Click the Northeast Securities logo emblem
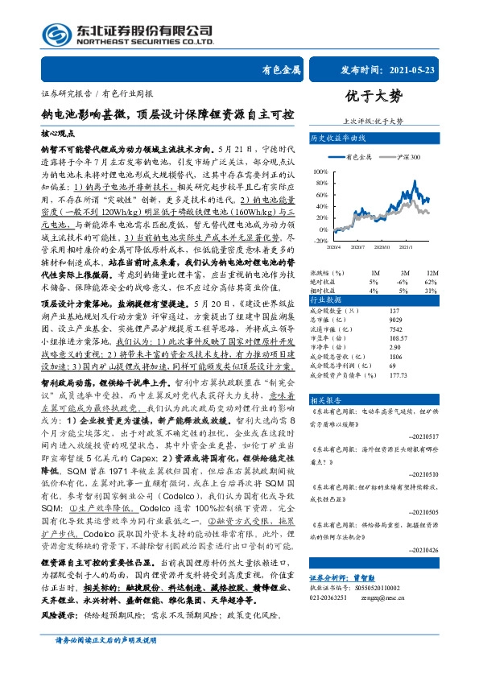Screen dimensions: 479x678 click(x=57, y=34)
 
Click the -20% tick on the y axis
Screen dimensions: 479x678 click(x=320, y=241)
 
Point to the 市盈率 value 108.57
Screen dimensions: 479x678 click(x=398, y=340)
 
